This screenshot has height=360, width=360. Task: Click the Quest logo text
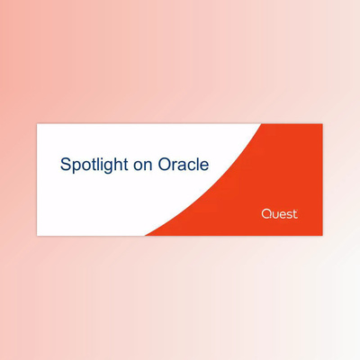tap(279, 214)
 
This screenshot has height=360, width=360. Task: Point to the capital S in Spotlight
tap(65, 165)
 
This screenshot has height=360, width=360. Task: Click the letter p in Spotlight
tap(75, 167)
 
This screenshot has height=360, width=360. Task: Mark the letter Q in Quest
tap(265, 214)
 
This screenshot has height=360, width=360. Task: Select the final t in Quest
tap(295, 214)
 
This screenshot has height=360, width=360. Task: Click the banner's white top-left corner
tap(38, 124)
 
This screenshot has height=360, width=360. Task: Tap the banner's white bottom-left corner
tap(38, 234)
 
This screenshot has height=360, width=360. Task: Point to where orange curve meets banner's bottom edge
tap(145, 235)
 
